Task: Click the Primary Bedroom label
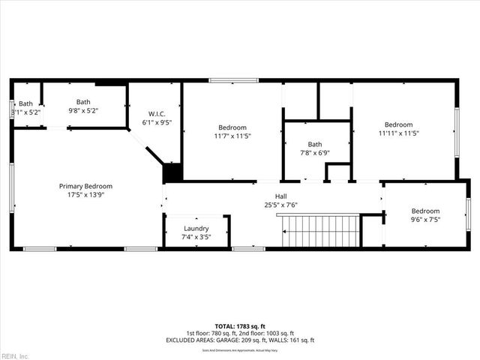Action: [86, 186]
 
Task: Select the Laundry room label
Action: [196, 228]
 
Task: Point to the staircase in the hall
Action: [319, 230]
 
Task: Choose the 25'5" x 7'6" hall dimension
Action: [281, 204]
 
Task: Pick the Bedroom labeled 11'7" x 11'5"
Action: [232, 127]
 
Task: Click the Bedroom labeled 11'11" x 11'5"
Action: [398, 124]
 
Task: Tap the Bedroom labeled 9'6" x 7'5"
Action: [424, 211]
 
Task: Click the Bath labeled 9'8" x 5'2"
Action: [83, 102]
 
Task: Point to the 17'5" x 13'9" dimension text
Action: [86, 195]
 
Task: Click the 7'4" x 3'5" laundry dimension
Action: [196, 237]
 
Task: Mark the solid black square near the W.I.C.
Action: [172, 172]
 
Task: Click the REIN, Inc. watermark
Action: [15, 355]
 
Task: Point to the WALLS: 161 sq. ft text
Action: [289, 340]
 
